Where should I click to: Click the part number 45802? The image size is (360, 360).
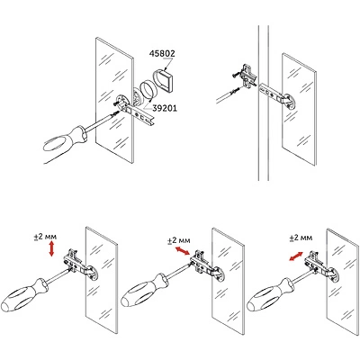[x=162, y=54]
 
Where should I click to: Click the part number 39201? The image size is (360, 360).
[x=165, y=108]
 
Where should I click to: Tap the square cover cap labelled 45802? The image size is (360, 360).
[x=165, y=79]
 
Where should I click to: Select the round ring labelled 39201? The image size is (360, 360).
[x=148, y=89]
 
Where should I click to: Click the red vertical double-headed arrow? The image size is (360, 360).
[x=51, y=249]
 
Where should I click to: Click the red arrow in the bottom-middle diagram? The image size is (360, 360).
[x=183, y=251]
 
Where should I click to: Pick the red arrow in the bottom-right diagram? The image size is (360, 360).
[x=296, y=256]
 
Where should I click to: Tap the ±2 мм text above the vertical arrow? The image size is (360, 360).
[x=45, y=237]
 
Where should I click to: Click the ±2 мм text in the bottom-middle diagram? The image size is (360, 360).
[x=179, y=240]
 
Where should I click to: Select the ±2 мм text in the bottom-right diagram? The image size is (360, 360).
[x=301, y=238]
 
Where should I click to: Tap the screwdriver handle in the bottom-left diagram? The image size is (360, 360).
[x=24, y=296]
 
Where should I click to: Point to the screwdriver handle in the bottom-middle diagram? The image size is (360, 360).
[x=145, y=290]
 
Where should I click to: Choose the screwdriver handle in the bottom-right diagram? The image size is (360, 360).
[x=270, y=295]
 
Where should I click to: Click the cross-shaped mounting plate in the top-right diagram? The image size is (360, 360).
[x=247, y=76]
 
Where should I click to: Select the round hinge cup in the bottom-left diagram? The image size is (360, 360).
[x=93, y=272]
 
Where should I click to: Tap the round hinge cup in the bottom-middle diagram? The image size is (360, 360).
[x=219, y=274]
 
